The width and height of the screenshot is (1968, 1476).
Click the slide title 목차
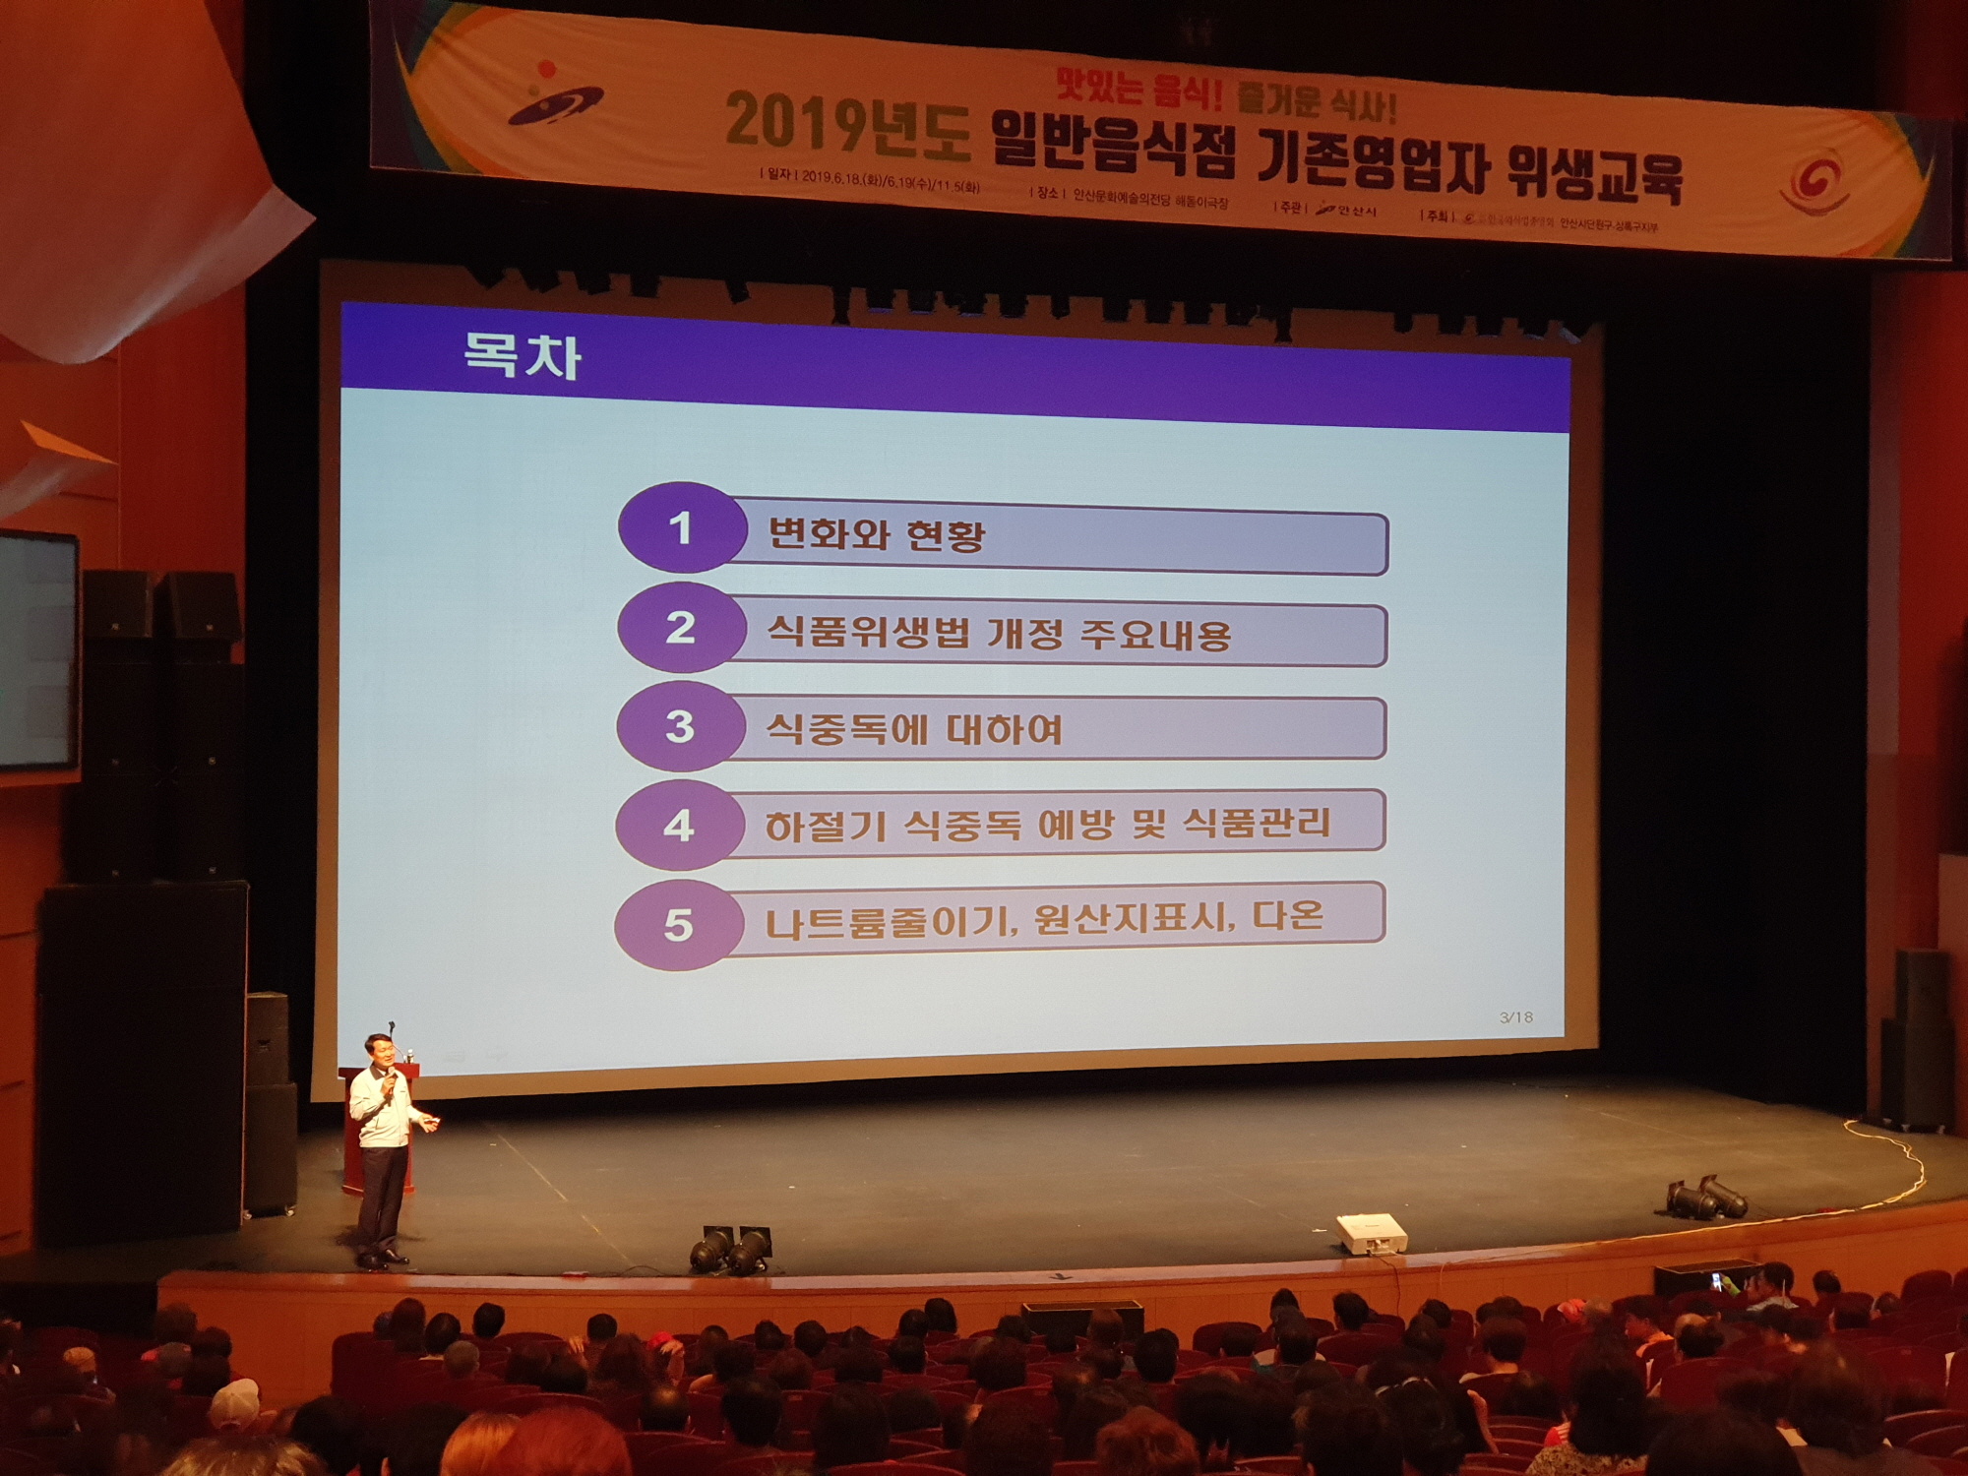(x=522, y=355)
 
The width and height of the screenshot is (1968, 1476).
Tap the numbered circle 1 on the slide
(x=679, y=528)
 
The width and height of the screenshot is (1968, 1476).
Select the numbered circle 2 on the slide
(x=679, y=628)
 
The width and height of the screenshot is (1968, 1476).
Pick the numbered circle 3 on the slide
(x=679, y=727)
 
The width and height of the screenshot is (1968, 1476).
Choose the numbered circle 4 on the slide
(x=678, y=826)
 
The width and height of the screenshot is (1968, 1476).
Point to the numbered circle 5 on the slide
(x=677, y=925)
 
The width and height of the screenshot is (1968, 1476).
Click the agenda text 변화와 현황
(x=875, y=535)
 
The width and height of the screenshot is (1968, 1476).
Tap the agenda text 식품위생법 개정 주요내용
(x=998, y=633)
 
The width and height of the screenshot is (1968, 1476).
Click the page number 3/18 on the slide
(x=1515, y=1017)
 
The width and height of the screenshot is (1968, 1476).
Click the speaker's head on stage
(x=380, y=1053)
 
